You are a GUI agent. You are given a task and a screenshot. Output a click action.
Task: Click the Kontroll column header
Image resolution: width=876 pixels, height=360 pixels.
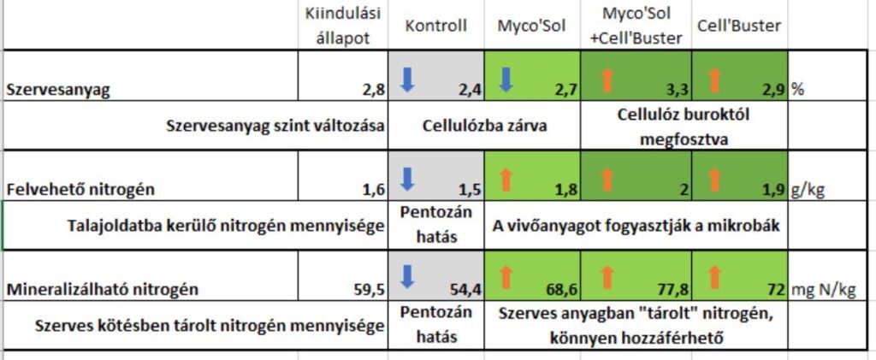[436, 26]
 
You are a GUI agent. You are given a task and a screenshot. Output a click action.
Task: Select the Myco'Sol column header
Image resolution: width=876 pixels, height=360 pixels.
[531, 26]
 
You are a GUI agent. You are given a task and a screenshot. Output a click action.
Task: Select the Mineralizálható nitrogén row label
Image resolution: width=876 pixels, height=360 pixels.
[102, 289]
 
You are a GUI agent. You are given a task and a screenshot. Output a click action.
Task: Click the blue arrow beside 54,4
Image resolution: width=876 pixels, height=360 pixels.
[407, 276]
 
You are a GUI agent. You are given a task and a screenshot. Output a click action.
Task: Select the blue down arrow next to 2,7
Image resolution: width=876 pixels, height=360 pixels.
[505, 78]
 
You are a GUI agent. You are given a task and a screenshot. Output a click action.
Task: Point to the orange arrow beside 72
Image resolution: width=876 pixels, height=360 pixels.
[716, 276]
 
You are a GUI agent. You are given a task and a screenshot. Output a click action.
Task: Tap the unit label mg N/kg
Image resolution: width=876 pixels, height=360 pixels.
[824, 289]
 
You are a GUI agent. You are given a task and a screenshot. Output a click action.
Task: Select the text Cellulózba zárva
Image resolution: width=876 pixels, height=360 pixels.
[484, 125]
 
